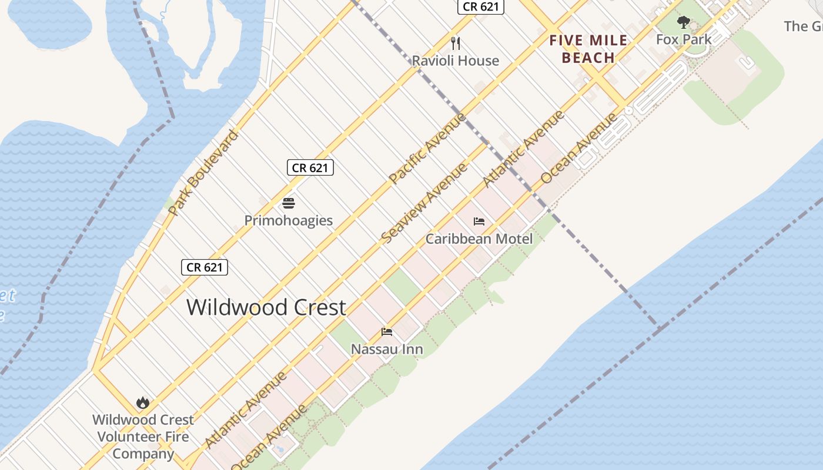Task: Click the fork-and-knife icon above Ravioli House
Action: pyautogui.click(x=455, y=43)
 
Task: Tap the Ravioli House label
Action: pyautogui.click(x=455, y=61)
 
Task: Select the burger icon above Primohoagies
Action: pyautogui.click(x=288, y=203)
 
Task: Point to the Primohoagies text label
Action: pyautogui.click(x=288, y=220)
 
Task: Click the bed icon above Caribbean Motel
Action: pyautogui.click(x=479, y=221)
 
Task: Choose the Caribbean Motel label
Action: pyautogui.click(x=479, y=239)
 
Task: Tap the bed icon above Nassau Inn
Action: pyautogui.click(x=387, y=332)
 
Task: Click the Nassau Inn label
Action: pyautogui.click(x=387, y=349)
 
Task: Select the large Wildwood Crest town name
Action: pyautogui.click(x=266, y=307)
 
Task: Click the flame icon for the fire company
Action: pyautogui.click(x=142, y=403)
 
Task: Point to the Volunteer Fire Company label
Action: pyautogui.click(x=143, y=437)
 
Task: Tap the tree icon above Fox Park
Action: pyautogui.click(x=683, y=22)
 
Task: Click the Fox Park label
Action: pyautogui.click(x=684, y=39)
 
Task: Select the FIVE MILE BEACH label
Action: pyautogui.click(x=588, y=49)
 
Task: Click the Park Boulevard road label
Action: pyautogui.click(x=203, y=173)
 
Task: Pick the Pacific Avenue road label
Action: pyautogui.click(x=427, y=147)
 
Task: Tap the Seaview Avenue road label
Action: pyautogui.click(x=424, y=203)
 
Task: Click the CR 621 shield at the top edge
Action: pyautogui.click(x=481, y=6)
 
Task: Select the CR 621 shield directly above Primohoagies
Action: pyautogui.click(x=310, y=167)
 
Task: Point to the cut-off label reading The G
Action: pyautogui.click(x=804, y=26)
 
